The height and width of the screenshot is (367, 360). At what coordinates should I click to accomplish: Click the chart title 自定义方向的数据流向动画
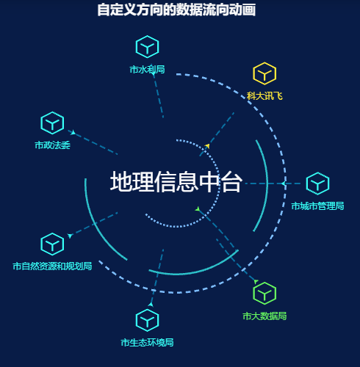[176, 10]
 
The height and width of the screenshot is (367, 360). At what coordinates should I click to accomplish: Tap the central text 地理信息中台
[176, 181]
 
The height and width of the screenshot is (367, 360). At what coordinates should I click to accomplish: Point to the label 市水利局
[147, 70]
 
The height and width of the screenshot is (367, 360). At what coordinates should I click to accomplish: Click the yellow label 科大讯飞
[264, 96]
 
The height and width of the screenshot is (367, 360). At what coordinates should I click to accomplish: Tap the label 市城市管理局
[317, 206]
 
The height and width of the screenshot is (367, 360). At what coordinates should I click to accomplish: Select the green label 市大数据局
[264, 316]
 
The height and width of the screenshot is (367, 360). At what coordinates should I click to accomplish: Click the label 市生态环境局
[147, 343]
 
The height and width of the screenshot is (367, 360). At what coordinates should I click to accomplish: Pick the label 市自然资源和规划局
[52, 266]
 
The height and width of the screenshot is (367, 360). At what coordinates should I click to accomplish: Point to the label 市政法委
[52, 145]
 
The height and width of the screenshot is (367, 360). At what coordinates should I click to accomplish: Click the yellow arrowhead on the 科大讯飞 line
[208, 146]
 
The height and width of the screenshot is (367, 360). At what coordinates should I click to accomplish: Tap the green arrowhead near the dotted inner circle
[198, 209]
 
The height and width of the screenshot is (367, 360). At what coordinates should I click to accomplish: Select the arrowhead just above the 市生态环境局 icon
[151, 305]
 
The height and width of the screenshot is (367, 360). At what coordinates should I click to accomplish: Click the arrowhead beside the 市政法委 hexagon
[73, 132]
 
